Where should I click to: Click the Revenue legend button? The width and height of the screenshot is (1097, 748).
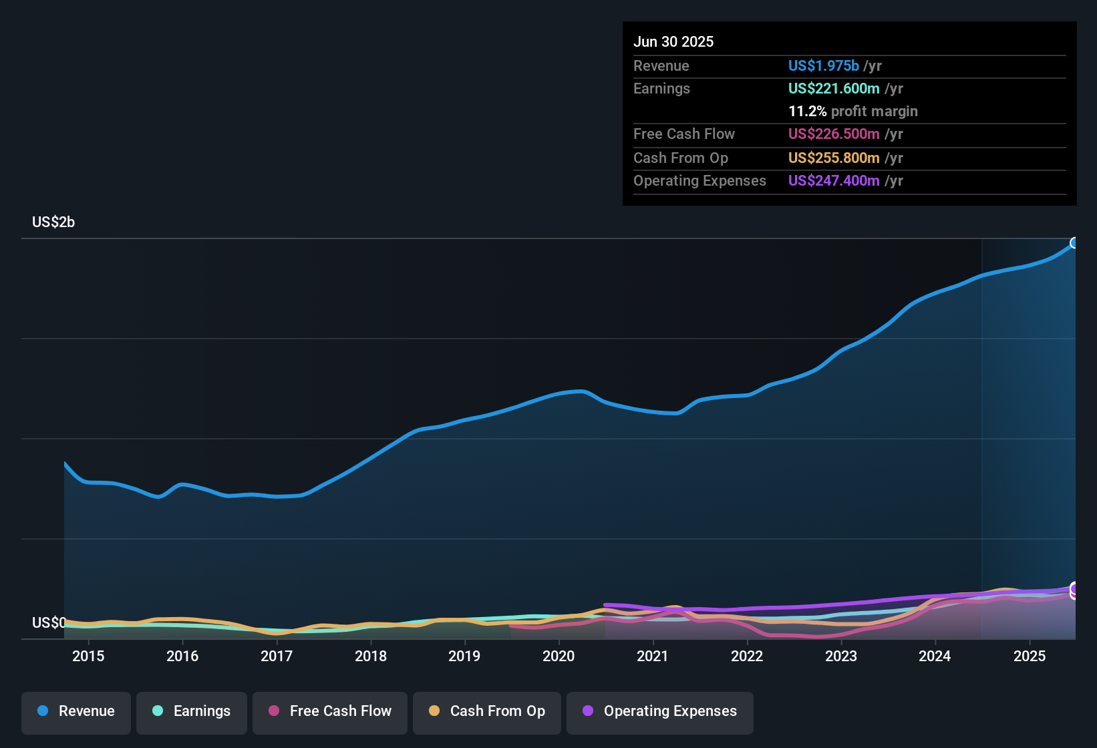tap(76, 712)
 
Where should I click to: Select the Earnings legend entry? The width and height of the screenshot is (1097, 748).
tap(192, 712)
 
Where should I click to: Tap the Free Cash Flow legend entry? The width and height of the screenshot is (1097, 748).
tap(330, 712)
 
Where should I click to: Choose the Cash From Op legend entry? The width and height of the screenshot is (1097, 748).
tap(487, 712)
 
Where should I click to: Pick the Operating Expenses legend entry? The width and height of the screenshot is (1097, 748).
tap(660, 712)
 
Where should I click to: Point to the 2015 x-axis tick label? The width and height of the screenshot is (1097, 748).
tap(88, 657)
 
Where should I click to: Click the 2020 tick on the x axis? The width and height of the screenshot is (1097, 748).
tap(559, 657)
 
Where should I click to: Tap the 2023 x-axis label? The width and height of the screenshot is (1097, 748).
tap(841, 657)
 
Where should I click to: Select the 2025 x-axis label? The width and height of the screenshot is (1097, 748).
tap(1030, 657)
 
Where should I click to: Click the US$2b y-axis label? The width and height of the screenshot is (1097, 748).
tap(53, 222)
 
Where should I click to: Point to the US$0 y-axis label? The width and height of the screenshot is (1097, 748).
tap(49, 623)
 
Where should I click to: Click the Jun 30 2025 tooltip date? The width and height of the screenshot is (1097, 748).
tap(673, 42)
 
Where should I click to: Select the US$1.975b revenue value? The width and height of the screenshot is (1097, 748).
tap(823, 66)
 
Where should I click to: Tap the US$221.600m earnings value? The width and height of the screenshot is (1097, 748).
tap(834, 89)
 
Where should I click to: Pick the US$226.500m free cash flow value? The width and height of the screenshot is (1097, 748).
tap(834, 134)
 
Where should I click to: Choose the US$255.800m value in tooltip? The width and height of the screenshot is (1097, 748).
tap(834, 158)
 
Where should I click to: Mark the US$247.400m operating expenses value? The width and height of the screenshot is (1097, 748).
tap(834, 181)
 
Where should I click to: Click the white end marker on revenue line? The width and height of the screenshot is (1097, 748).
tap(1074, 243)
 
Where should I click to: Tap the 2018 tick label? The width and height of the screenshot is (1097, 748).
tap(371, 657)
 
